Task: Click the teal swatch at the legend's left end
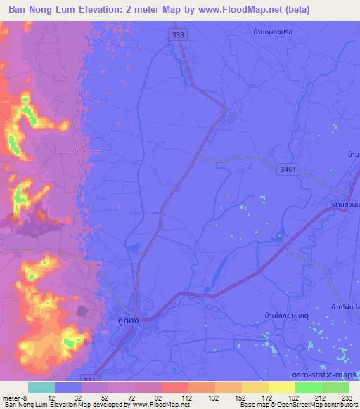(x=41, y=387)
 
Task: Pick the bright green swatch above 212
(x=309, y=387)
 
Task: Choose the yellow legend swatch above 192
(x=282, y=387)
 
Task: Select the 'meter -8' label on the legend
(x=16, y=397)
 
